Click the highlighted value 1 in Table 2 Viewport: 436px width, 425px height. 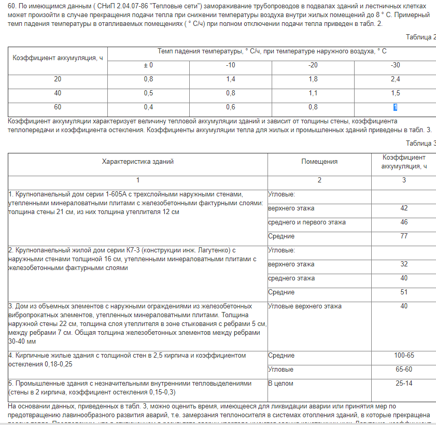(395, 107)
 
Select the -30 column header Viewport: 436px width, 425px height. (395, 65)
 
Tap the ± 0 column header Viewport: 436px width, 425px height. (148, 65)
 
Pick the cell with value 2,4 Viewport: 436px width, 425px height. (395, 79)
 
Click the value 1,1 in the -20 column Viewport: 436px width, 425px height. (313, 93)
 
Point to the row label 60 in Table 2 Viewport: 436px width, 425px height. (58, 107)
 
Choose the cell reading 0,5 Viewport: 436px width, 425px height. (148, 93)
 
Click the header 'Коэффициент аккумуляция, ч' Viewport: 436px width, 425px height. (58, 58)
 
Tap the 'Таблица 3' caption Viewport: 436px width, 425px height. (421, 144)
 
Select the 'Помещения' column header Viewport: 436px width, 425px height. (319, 161)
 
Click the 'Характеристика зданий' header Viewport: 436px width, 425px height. (138, 161)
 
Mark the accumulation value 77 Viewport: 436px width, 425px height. (404, 236)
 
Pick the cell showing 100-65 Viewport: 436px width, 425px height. (404, 356)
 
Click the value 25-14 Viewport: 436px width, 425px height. (404, 384)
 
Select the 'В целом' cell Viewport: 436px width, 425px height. (280, 384)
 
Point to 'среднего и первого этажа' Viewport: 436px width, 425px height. (307, 222)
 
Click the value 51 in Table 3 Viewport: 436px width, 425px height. (404, 292)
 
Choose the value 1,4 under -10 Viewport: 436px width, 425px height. (231, 79)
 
